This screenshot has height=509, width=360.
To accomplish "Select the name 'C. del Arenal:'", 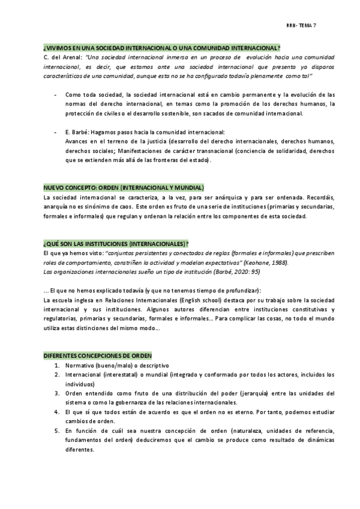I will pos(62,57).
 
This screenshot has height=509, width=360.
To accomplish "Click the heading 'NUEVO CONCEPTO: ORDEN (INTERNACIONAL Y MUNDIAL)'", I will pos(124,187).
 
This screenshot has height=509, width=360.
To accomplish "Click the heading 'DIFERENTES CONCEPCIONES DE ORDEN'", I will pos(97,355).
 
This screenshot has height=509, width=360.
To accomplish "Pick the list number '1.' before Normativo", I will pos(56,365).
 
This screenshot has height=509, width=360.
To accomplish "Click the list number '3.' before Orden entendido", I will pos(56,394).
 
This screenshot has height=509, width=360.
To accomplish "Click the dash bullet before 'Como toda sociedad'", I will pos(56,95).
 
